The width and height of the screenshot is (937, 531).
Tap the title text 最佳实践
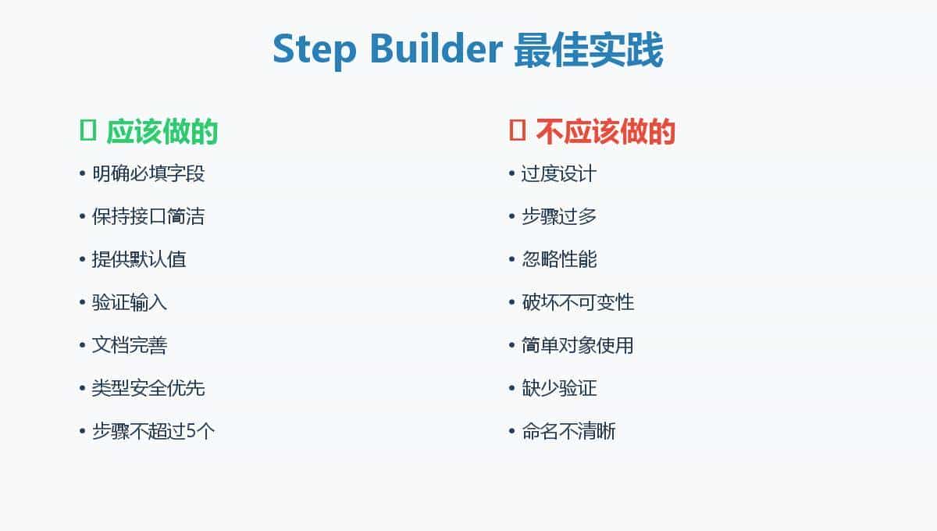pyautogui.click(x=589, y=50)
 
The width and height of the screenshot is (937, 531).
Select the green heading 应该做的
pyautogui.click(x=162, y=131)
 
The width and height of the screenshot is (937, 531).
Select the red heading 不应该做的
pyautogui.click(x=605, y=131)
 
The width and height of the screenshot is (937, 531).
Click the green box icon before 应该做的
pyautogui.click(x=87, y=130)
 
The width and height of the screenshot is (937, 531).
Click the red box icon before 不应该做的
pyautogui.click(x=517, y=130)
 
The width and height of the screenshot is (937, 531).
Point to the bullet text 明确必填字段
pyautogui.click(x=148, y=173)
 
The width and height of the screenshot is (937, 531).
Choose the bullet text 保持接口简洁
pyautogui.click(x=148, y=216)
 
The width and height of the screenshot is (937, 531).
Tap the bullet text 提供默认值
pyautogui.click(x=139, y=259)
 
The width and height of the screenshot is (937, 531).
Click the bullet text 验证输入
pyautogui.click(x=130, y=302)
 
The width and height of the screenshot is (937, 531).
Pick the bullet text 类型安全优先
pyautogui.click(x=148, y=388)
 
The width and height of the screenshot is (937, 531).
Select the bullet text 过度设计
pyautogui.click(x=559, y=173)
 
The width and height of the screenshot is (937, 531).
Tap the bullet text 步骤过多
pyautogui.click(x=559, y=216)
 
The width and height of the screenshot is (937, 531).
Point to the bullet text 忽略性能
pyautogui.click(x=559, y=259)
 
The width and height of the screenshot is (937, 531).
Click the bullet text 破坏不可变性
pyautogui.click(x=578, y=302)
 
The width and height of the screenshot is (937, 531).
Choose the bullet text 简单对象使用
pyautogui.click(x=578, y=345)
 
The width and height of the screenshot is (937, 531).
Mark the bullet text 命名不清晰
pyautogui.click(x=568, y=431)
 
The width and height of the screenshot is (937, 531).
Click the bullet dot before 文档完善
pyautogui.click(x=82, y=345)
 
